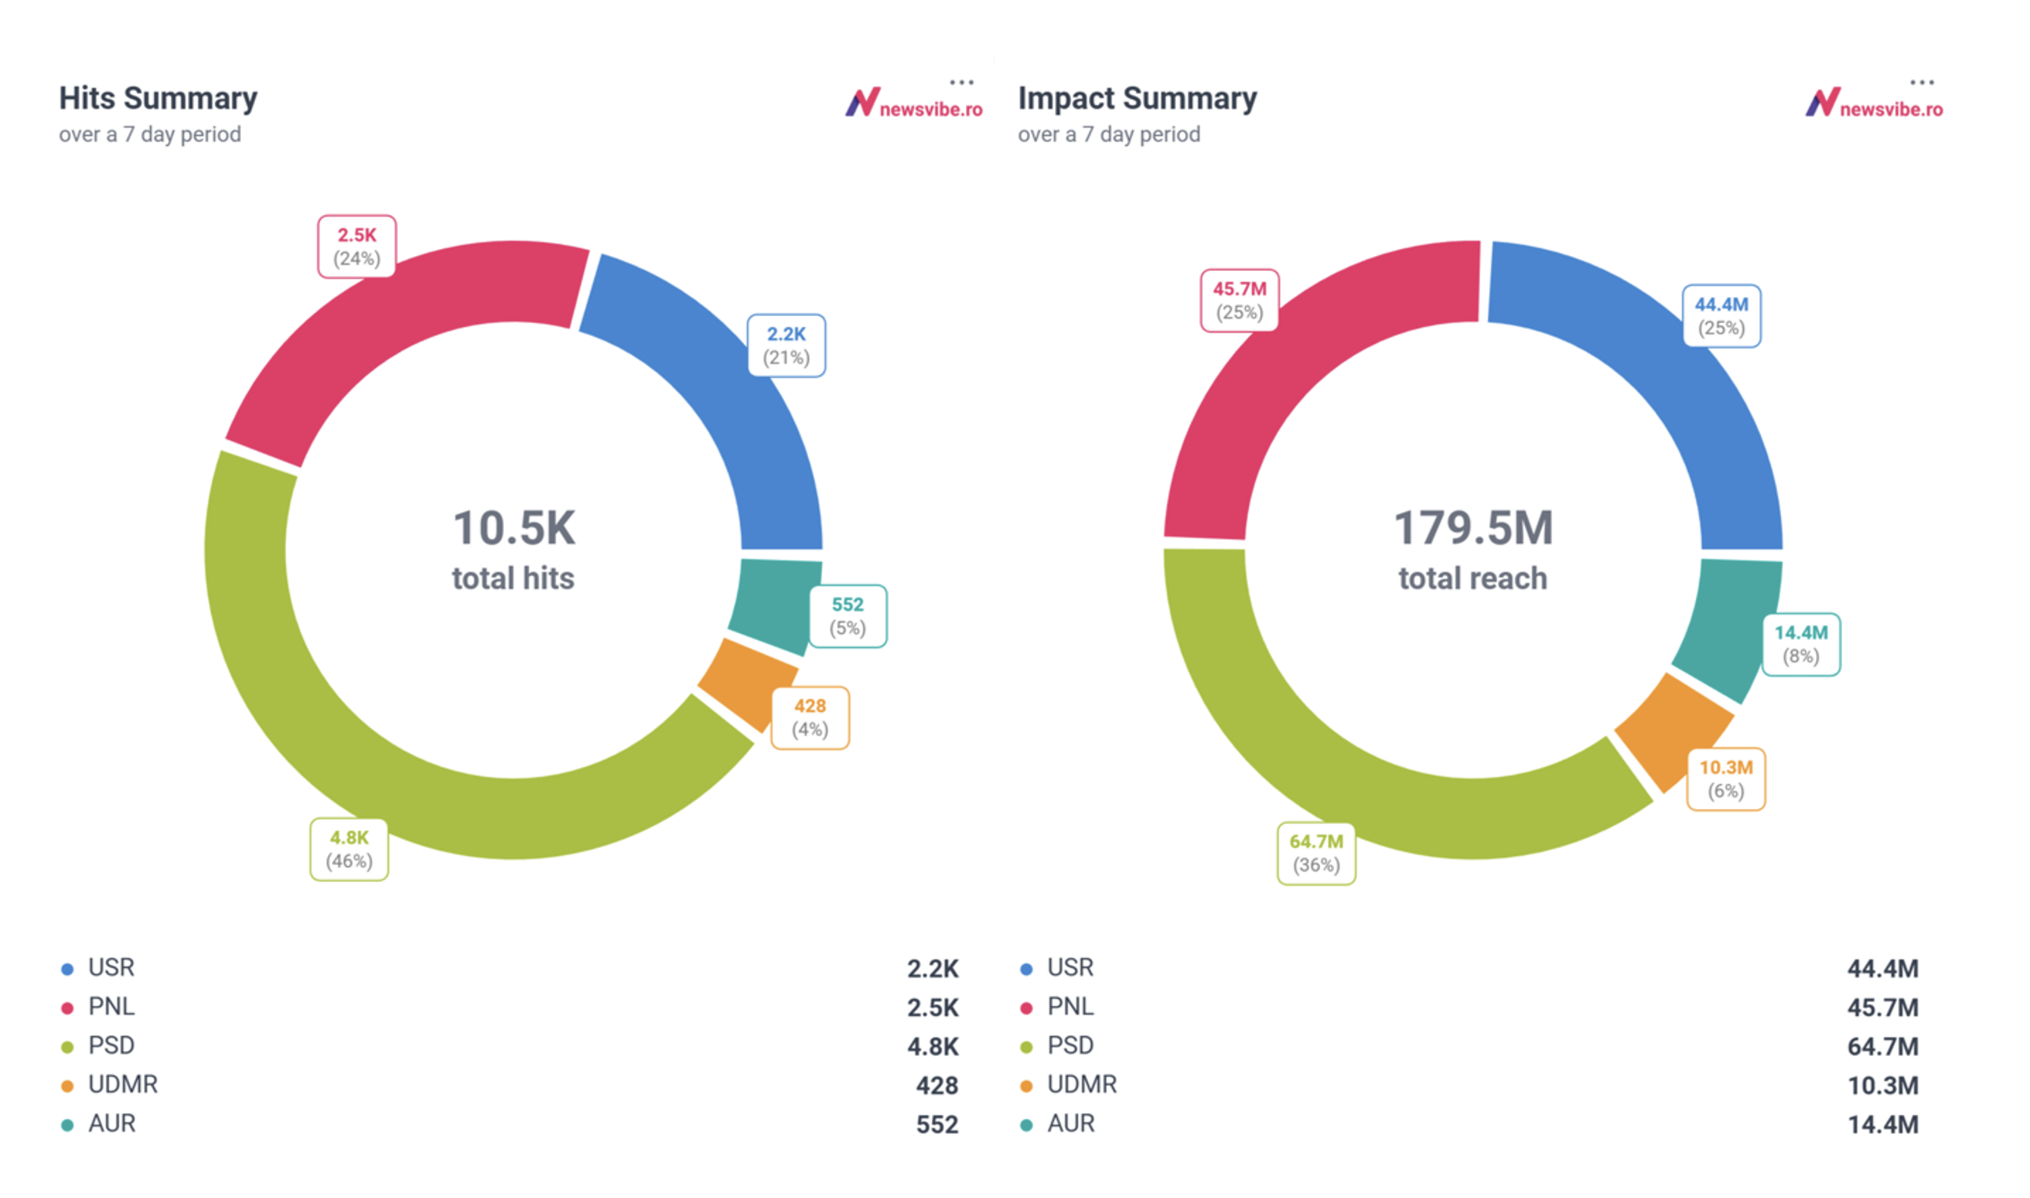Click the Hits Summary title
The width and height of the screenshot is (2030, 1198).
(x=158, y=99)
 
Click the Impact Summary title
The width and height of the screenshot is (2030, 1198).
(x=1137, y=99)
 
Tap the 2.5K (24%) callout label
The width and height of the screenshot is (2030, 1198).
(x=356, y=247)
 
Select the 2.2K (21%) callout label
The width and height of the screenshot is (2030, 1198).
(x=786, y=345)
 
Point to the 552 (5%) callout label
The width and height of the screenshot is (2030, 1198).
(x=848, y=616)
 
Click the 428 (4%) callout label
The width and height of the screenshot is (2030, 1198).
(x=810, y=718)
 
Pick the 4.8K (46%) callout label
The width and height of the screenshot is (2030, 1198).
(x=348, y=850)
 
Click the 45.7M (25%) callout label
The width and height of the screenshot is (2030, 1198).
(x=1239, y=300)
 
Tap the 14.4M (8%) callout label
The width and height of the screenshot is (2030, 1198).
(x=1800, y=644)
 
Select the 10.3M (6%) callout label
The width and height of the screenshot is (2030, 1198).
(x=1726, y=779)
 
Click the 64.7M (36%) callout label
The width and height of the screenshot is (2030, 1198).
(x=1316, y=853)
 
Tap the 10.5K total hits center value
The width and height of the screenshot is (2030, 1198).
(x=514, y=529)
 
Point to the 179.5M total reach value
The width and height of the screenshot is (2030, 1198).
(x=1473, y=529)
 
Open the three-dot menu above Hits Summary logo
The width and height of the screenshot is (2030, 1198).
(x=961, y=82)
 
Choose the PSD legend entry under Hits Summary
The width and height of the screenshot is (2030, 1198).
(x=111, y=1045)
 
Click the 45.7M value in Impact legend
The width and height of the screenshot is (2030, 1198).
(x=1882, y=1008)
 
